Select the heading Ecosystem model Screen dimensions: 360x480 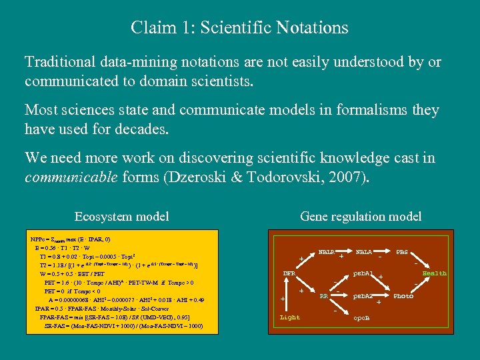click(x=121, y=216)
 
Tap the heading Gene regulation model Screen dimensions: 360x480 click(x=360, y=216)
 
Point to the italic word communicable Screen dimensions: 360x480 click(x=69, y=178)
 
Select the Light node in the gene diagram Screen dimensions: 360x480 click(x=290, y=317)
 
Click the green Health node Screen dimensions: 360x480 click(x=435, y=273)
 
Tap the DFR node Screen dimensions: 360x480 click(x=289, y=273)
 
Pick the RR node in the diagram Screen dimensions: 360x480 click(x=324, y=295)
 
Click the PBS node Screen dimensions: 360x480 click(x=402, y=252)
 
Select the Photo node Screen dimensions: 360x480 click(x=403, y=295)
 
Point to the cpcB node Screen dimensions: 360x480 click(x=363, y=318)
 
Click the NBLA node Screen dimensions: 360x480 click(x=364, y=252)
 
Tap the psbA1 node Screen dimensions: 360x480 click(x=363, y=273)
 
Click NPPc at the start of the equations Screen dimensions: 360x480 click(x=39, y=239)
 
